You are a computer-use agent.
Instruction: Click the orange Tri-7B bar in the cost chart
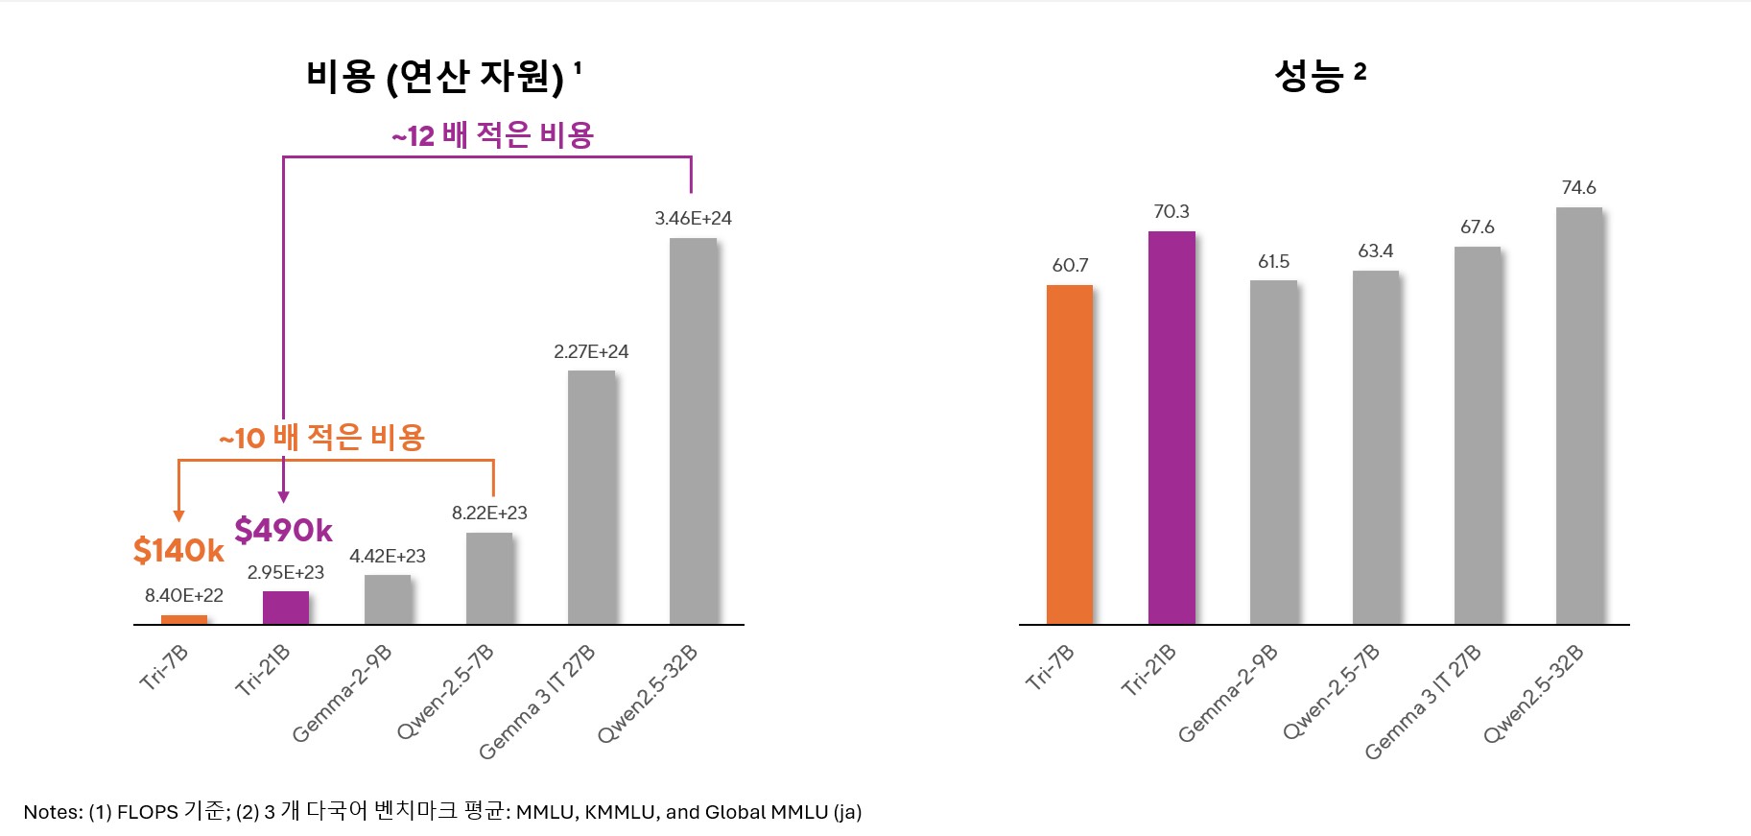pos(184,619)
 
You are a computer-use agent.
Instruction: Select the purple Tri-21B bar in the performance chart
pos(1171,427)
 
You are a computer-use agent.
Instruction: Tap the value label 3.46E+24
pos(693,218)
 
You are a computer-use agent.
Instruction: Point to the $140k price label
pos(178,551)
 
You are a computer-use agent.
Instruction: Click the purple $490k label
pos(283,530)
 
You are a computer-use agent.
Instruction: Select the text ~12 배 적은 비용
pos(493,135)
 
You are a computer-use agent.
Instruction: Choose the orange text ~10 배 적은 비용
pos(322,438)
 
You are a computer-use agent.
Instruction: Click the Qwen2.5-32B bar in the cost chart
pos(693,432)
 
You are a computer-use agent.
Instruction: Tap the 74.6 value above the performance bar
pos(1578,187)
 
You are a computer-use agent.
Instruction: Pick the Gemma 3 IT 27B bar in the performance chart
pos(1478,437)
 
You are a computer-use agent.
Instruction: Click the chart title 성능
pos(1310,75)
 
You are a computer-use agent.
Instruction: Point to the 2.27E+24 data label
pos(591,351)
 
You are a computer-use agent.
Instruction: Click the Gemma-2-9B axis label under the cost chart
pos(343,693)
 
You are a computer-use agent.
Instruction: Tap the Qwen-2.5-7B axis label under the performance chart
pos(1331,692)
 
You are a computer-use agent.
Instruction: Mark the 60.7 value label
pos(1070,265)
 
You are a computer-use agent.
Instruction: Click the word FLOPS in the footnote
pos(148,812)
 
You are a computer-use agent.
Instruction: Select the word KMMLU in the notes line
pos(620,812)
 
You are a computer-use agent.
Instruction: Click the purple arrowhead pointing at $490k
pos(283,496)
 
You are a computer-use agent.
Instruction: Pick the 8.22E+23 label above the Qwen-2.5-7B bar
pos(489,513)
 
